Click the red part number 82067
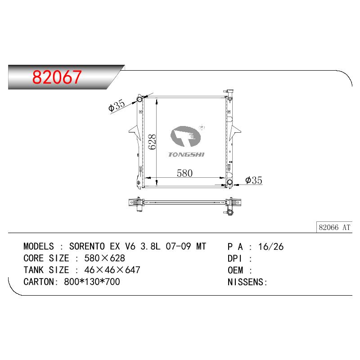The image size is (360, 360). pos(57,77)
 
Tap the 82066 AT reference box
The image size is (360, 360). pos(334,227)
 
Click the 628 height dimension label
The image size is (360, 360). pos(152,142)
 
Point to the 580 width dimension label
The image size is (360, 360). pos(184,173)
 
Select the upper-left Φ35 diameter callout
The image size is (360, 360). pos(117,106)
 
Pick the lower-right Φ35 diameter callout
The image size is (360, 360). pos(254,180)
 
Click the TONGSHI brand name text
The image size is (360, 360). pos(186,154)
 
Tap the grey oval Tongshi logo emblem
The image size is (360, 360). pos(185,136)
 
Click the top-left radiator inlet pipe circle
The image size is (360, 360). pos(139,99)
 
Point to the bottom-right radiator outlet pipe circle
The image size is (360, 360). pos(229,183)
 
